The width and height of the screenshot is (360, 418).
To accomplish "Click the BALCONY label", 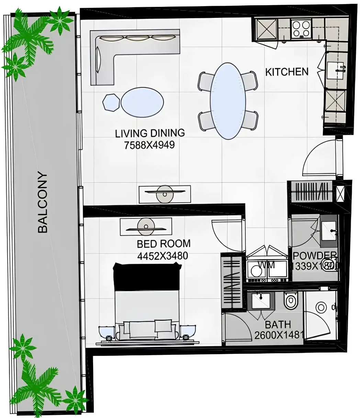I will [x=43, y=202].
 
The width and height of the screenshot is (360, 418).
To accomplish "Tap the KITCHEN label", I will [x=287, y=72].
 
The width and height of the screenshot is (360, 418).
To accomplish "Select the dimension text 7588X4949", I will [x=149, y=145].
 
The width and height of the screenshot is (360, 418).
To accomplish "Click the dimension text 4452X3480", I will [x=162, y=256].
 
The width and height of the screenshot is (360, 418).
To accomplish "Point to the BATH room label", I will [x=278, y=324].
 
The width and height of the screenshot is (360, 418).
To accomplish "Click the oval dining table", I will [x=228, y=101].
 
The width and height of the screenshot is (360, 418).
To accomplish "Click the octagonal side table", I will [x=111, y=102].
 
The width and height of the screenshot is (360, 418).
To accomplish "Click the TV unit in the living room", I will [x=165, y=194].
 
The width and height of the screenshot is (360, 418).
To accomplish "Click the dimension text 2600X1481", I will [x=279, y=335].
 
